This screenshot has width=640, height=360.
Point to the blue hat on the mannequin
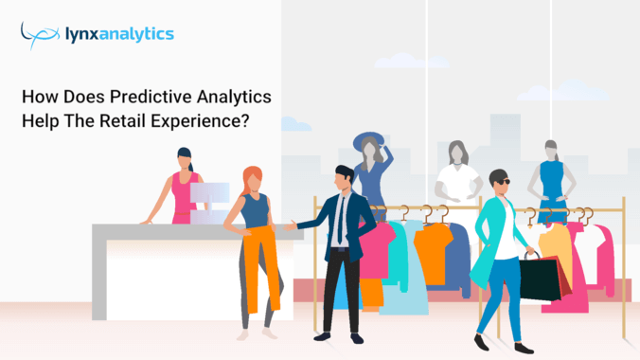[x=367, y=141]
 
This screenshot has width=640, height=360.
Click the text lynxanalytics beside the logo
[x=123, y=35]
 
